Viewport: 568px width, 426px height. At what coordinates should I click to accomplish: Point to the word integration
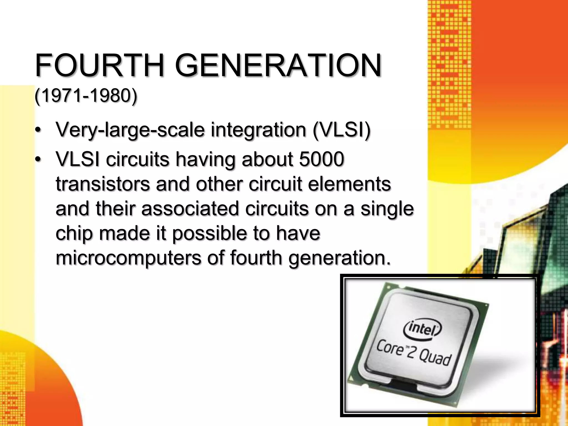[258, 130]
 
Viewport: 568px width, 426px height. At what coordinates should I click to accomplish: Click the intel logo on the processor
[422, 328]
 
